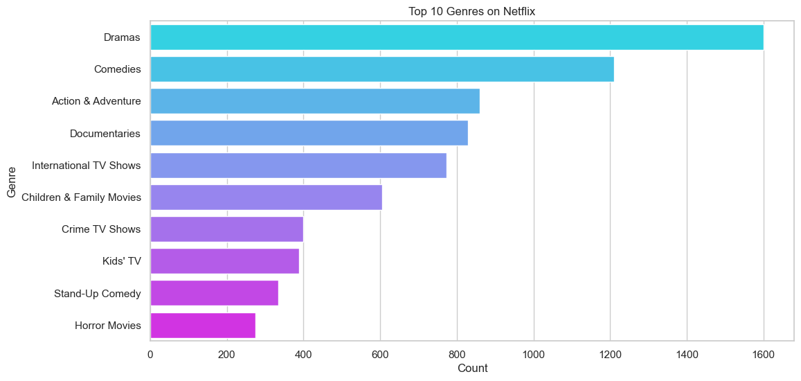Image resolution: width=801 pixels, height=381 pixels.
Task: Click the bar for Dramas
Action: pos(456,37)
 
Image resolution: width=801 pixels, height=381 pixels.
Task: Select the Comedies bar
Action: pos(381,69)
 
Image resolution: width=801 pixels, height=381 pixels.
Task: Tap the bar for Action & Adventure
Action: pos(314,101)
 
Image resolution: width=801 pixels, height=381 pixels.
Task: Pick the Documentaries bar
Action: pos(309,133)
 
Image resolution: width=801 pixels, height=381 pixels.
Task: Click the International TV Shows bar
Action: pos(298,166)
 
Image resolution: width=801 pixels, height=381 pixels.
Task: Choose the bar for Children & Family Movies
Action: pos(266,197)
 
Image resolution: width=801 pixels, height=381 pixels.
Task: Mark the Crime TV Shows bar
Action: pos(226,229)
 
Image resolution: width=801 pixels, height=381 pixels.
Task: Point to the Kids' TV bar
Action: pos(224,261)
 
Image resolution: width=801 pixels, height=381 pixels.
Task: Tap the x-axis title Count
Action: pos(472,369)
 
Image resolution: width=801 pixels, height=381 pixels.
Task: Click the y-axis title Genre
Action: pos(11,181)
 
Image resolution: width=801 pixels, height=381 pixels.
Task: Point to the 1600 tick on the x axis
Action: pos(763,355)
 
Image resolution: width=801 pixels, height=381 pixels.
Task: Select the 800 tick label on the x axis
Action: pos(457,355)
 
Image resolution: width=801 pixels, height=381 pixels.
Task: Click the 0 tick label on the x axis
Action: pos(150,355)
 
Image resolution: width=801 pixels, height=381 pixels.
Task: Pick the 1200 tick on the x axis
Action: pos(610,355)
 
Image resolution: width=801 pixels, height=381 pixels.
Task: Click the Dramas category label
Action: pos(122,37)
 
